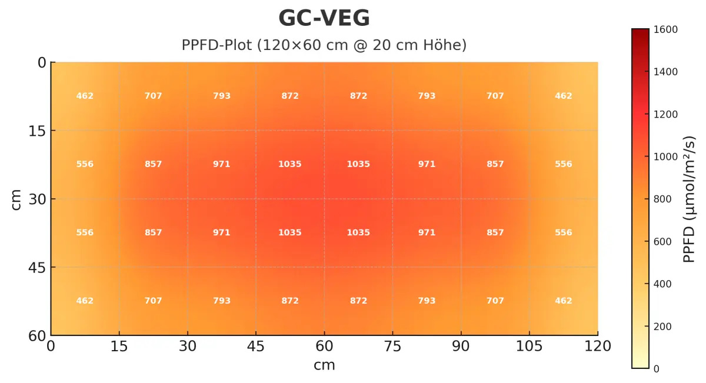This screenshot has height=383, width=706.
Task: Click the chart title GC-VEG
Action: point(324,19)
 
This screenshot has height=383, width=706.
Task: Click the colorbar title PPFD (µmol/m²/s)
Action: point(689,199)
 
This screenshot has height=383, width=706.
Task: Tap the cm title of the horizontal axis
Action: point(324,365)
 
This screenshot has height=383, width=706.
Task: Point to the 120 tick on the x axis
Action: point(598,346)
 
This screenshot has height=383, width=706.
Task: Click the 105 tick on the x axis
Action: point(529,346)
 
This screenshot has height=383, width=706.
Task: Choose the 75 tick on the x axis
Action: point(392,346)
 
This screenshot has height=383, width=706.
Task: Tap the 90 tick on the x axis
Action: point(461,346)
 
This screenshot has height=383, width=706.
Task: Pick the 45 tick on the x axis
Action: point(256,346)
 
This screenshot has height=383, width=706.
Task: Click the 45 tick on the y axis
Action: point(38,267)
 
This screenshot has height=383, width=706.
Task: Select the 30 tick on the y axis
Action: point(38,199)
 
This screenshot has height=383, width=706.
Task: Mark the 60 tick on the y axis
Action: point(38,335)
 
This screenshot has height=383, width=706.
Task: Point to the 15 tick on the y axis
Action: point(38,131)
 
